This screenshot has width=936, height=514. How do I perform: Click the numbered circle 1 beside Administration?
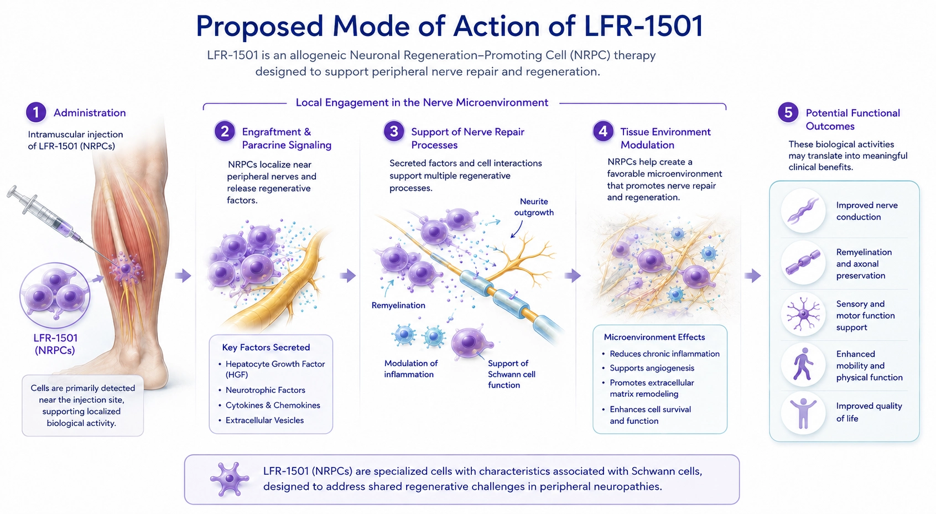pyautogui.click(x=36, y=112)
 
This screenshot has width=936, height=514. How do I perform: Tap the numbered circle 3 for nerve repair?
pyautogui.click(x=394, y=132)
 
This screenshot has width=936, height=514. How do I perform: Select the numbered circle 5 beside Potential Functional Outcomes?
pyautogui.click(x=788, y=113)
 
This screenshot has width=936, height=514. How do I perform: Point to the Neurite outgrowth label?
pyautogui.click(x=534, y=207)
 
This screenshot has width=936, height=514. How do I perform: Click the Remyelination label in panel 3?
pyautogui.click(x=398, y=305)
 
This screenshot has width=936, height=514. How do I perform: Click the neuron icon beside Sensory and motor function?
pyautogui.click(x=803, y=314)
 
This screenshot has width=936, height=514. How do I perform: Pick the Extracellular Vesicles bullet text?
pyautogui.click(x=264, y=420)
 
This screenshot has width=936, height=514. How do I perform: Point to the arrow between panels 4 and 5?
pyautogui.click(x=752, y=276)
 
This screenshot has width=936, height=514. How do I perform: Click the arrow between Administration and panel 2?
pyautogui.click(x=183, y=276)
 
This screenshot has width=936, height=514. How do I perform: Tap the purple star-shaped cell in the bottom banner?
pyautogui.click(x=229, y=479)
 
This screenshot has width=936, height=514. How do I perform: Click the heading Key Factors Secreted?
pyautogui.click(x=266, y=347)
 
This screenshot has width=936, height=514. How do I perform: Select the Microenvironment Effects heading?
pyautogui.click(x=654, y=338)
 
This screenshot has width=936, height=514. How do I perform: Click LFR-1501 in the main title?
pyautogui.click(x=643, y=26)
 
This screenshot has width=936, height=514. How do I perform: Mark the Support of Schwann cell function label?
pyautogui.click(x=512, y=375)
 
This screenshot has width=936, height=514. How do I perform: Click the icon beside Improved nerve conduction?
pyautogui.click(x=803, y=211)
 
